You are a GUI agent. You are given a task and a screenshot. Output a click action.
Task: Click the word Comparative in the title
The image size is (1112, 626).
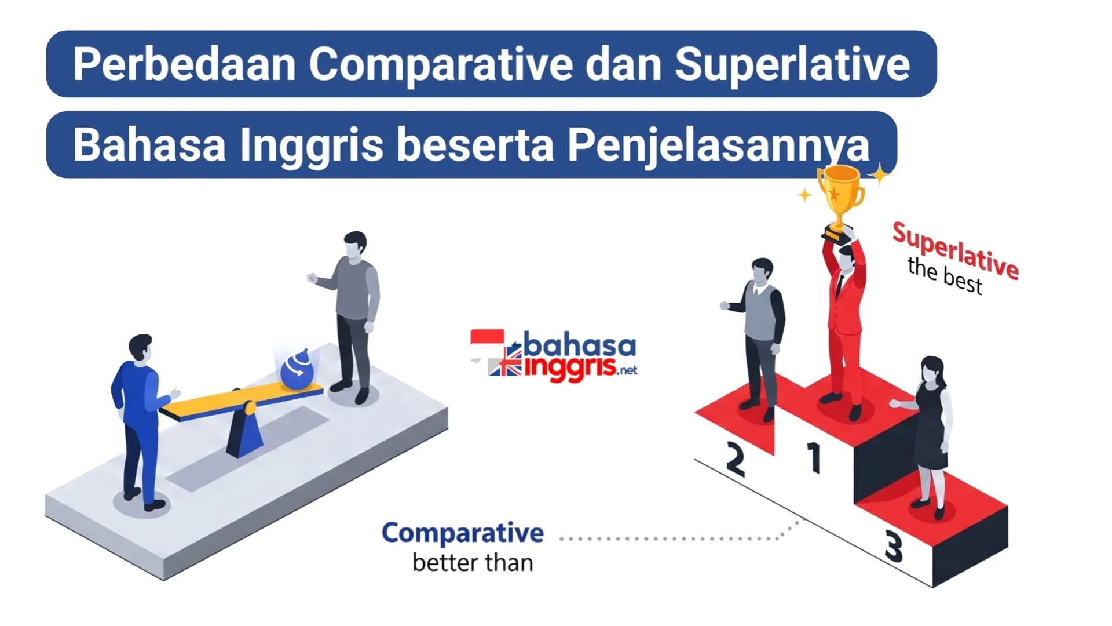coord(441,64)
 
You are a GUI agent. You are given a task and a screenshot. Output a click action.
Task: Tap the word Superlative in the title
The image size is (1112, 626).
coord(792,64)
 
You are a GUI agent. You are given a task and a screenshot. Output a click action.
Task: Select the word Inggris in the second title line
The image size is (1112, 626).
coord(311,145)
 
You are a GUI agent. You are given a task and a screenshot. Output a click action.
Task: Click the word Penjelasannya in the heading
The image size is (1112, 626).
coord(718,145)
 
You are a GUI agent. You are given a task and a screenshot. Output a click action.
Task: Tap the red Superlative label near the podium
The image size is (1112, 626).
coord(956,250)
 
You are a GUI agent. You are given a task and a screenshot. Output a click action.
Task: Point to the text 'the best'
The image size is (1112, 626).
coord(945,276)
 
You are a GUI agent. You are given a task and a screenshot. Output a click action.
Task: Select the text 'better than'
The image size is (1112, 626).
coord(473,563)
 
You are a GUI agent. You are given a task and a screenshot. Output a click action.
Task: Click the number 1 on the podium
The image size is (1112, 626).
coord(814,457)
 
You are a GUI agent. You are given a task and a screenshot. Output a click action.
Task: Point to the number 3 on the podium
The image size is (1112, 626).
coord(894,546)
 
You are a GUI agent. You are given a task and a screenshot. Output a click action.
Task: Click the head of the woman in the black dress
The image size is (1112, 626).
coord(932,369)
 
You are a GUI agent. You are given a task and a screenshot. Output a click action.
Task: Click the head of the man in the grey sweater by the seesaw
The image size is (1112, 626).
coord(355,245)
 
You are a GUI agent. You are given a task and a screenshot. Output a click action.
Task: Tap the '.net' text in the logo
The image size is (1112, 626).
coord(627,370)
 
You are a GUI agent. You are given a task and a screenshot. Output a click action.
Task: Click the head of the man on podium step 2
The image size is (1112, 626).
coord(762,271)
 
